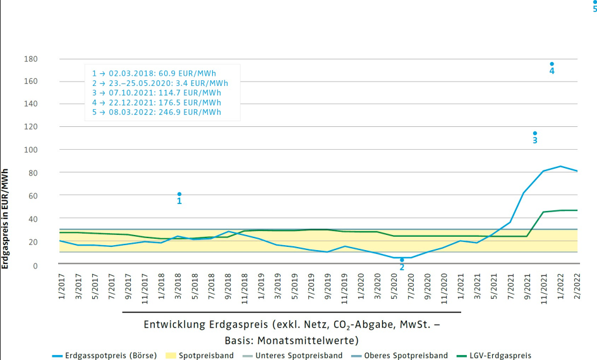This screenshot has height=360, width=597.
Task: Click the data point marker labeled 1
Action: point(179,194)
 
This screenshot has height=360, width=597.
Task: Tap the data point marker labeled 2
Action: point(402,260)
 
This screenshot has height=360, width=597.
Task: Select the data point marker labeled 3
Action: point(534,133)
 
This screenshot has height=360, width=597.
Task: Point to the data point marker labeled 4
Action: point(552,64)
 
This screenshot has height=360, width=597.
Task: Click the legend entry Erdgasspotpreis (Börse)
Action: point(105,356)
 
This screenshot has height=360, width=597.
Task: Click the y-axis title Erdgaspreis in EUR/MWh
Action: point(5,219)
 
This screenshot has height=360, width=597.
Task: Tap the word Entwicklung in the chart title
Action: point(174,325)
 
